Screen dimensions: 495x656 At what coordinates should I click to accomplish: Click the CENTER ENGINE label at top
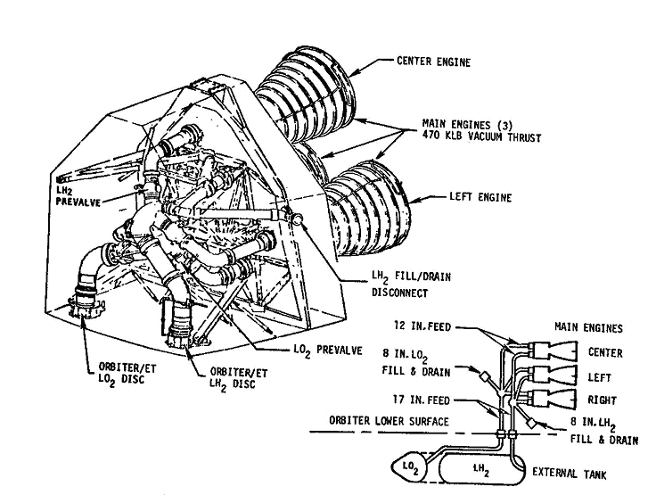tap(435, 62)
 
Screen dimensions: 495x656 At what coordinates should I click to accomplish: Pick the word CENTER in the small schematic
tap(606, 352)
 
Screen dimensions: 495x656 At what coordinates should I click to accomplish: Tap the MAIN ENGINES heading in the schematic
tap(589, 327)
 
